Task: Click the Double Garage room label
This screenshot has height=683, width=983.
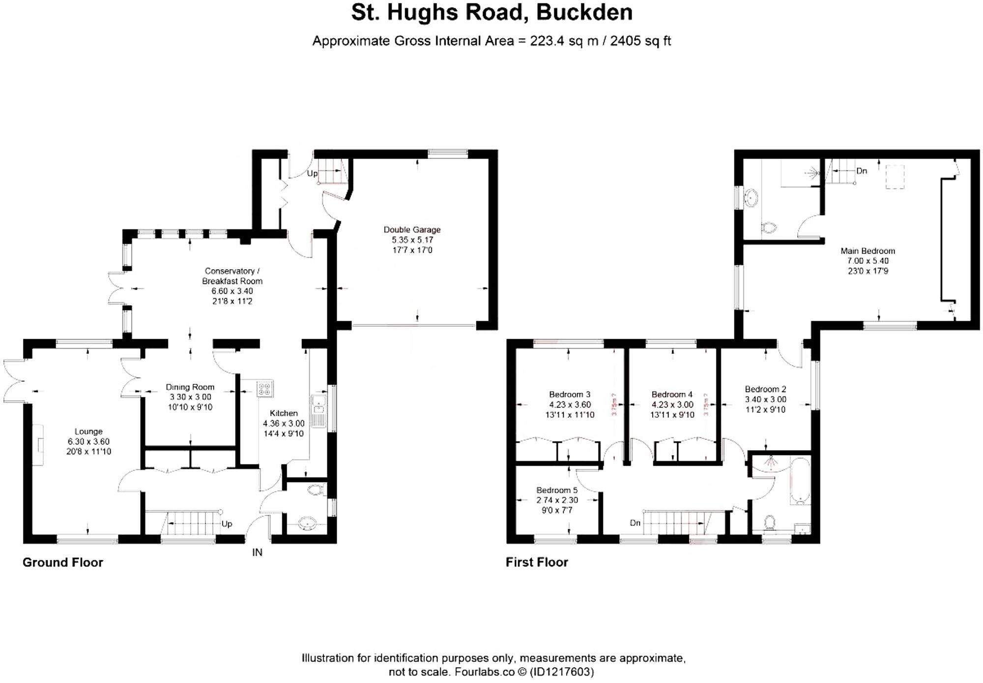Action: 412,229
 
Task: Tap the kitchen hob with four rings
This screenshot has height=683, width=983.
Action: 264,389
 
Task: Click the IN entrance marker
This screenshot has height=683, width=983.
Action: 257,552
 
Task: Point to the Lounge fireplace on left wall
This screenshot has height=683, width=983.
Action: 38,444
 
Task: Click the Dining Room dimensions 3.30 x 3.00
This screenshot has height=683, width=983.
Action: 190,397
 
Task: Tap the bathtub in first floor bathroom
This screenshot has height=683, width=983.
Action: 800,480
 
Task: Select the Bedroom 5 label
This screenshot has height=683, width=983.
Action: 557,490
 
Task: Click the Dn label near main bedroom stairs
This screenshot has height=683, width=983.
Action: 861,171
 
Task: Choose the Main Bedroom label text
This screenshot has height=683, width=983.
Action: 867,251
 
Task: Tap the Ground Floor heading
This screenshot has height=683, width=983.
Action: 63,562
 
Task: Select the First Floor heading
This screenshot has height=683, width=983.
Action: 537,562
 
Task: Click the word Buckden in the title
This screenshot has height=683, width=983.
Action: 584,13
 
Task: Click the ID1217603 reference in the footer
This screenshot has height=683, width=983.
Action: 562,672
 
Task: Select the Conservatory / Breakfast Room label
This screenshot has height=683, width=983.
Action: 232,276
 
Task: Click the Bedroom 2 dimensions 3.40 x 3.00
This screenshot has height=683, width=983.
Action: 765,399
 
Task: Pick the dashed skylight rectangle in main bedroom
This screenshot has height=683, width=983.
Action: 895,177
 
